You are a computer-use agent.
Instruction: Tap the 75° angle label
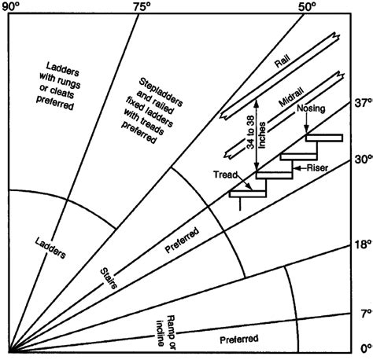142,6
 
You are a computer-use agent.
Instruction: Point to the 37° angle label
361,102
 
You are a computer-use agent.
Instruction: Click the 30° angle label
361,158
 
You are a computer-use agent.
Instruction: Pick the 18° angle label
361,244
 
